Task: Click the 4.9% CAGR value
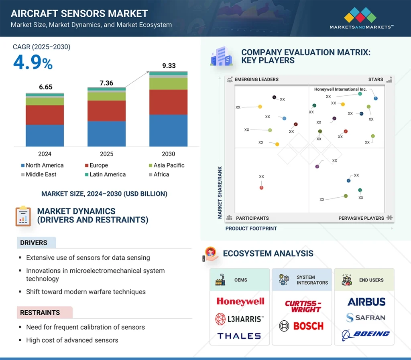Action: (x=33, y=63)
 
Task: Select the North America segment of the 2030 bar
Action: (x=168, y=130)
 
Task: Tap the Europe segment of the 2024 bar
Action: (x=45, y=115)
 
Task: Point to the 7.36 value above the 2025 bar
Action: (x=106, y=83)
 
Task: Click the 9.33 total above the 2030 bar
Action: (x=169, y=66)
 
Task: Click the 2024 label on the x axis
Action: (x=45, y=154)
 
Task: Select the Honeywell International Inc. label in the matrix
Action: (x=340, y=89)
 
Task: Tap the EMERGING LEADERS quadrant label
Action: (x=256, y=79)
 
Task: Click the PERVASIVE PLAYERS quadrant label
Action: (x=361, y=218)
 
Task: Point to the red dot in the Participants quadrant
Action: (x=261, y=187)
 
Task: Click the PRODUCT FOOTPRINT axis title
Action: (x=251, y=229)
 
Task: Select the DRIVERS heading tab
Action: (x=34, y=243)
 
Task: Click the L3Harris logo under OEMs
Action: (x=240, y=319)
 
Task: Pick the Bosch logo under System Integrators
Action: (x=301, y=326)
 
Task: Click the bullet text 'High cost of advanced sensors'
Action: (x=72, y=340)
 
